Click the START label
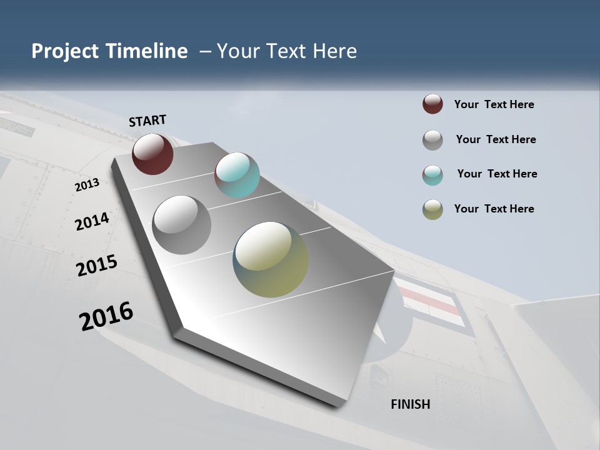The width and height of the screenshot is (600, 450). pyautogui.click(x=147, y=121)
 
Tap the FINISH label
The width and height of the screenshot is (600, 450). pyautogui.click(x=410, y=404)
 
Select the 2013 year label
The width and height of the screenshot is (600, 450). pyautogui.click(x=87, y=185)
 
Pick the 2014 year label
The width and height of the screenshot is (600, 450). pyautogui.click(x=92, y=222)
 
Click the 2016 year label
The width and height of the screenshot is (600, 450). pyautogui.click(x=106, y=316)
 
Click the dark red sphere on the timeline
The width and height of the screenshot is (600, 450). pyautogui.click(x=152, y=154)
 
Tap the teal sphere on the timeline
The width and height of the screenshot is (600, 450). pyautogui.click(x=237, y=175)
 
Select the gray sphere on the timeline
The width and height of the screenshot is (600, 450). pyautogui.click(x=181, y=224)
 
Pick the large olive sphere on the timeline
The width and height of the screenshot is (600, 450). pyautogui.click(x=271, y=259)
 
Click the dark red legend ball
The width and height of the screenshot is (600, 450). pyautogui.click(x=432, y=104)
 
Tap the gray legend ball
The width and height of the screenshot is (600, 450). pyautogui.click(x=432, y=140)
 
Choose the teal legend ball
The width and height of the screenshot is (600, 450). pyautogui.click(x=432, y=175)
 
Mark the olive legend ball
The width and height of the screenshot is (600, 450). pyautogui.click(x=432, y=209)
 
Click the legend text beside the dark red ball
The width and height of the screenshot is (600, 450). pyautogui.click(x=494, y=104)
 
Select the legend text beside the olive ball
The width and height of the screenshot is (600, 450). pyautogui.click(x=494, y=209)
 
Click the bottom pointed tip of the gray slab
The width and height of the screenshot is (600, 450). pyautogui.click(x=338, y=406)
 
